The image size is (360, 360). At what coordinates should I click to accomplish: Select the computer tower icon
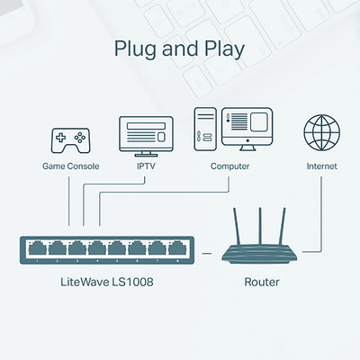(205, 130)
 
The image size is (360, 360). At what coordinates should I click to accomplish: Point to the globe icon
(321, 134)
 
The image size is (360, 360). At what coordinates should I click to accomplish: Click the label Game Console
(70, 166)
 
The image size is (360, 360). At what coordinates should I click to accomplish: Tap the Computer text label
(230, 166)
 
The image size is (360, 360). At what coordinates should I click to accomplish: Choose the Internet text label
(321, 166)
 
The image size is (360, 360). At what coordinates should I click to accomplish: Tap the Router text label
(262, 283)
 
